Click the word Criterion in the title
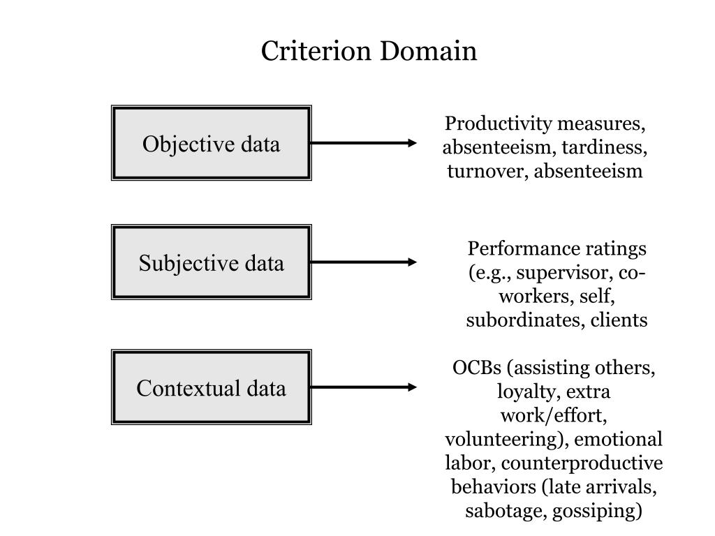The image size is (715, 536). pyautogui.click(x=316, y=50)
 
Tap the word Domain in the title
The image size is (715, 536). pyautogui.click(x=428, y=50)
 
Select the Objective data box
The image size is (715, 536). pyautogui.click(x=212, y=143)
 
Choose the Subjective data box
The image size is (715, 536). pyautogui.click(x=212, y=262)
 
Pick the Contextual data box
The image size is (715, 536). pyautogui.click(x=212, y=387)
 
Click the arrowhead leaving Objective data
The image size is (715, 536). pyautogui.click(x=412, y=143)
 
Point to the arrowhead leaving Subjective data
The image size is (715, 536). pyautogui.click(x=412, y=262)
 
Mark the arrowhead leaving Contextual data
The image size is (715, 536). pyautogui.click(x=412, y=387)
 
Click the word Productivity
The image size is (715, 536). pyautogui.click(x=499, y=124)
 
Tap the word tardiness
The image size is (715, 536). pyautogui.click(x=604, y=148)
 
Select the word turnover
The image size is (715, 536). pyautogui.click(x=487, y=172)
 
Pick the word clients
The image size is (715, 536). pyautogui.click(x=619, y=320)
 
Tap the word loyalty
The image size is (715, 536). pyautogui.click(x=526, y=392)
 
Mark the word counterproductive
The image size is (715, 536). pyautogui.click(x=582, y=463)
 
